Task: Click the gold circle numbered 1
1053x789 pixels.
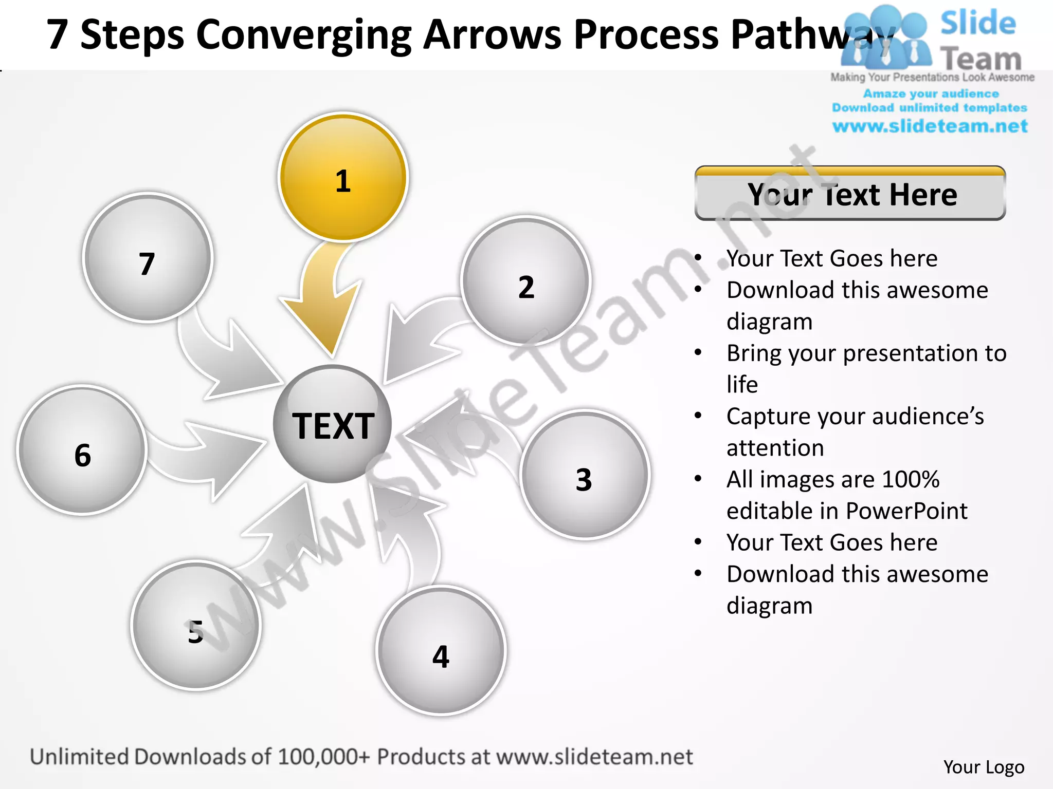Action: (343, 177)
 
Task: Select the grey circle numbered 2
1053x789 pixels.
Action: (525, 280)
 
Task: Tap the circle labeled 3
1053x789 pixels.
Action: (585, 475)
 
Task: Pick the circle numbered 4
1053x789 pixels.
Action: (441, 650)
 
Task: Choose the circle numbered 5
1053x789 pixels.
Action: (196, 625)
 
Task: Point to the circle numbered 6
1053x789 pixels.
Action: (82, 450)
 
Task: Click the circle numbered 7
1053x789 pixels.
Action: (148, 258)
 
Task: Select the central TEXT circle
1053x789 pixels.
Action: (333, 424)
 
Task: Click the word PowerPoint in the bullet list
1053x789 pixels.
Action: (906, 511)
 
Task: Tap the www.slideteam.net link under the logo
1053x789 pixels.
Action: (930, 126)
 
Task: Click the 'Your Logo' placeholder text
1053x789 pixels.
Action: (984, 767)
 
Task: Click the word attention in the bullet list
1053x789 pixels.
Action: (775, 447)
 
